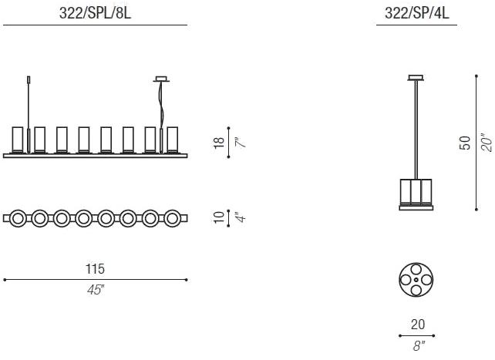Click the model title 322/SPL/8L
pos(95,13)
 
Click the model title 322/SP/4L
pos(416,13)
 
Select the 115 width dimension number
pos(95,269)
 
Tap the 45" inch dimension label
pos(96,290)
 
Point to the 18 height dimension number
pos(219,143)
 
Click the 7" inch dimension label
pos(240,143)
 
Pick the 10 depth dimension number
pos(219,217)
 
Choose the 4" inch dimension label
pos(241,217)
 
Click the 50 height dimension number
pos(465,143)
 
